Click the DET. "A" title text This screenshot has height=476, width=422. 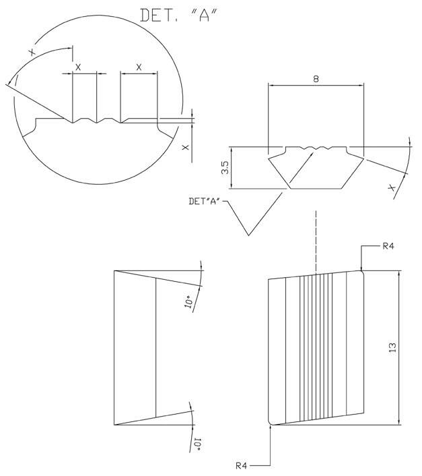[x=179, y=16]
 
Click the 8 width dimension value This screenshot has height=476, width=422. [x=316, y=80]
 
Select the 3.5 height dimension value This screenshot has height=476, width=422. [x=225, y=168]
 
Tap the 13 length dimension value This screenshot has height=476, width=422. [x=392, y=347]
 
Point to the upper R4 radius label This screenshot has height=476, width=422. [x=388, y=246]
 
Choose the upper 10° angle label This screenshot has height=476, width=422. [x=188, y=302]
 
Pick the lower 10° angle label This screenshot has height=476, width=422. [x=197, y=444]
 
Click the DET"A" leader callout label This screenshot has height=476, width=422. [x=205, y=202]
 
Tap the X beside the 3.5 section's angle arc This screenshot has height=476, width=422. [x=392, y=188]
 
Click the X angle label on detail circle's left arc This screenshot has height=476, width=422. [x=32, y=52]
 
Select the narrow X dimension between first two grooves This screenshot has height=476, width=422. [x=78, y=67]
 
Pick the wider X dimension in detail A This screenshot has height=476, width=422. [x=139, y=67]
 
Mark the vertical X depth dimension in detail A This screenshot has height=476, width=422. [x=185, y=147]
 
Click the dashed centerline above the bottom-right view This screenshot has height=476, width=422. [x=316, y=241]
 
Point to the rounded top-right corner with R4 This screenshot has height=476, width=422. [x=362, y=272]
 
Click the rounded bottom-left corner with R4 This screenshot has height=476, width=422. [x=270, y=422]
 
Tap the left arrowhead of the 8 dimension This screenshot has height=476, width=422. [x=271, y=86]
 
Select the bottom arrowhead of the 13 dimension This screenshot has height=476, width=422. [x=400, y=422]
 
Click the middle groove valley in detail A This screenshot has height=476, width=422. [x=97, y=123]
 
